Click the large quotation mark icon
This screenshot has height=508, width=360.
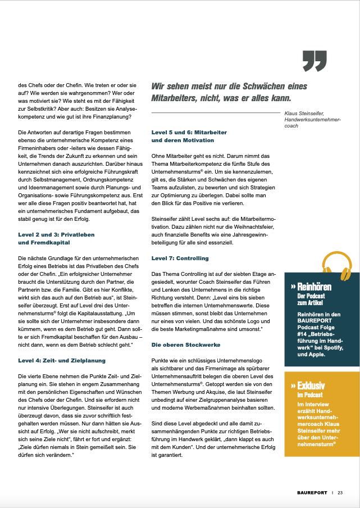click(315, 61)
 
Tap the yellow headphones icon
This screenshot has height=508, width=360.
click(337, 266)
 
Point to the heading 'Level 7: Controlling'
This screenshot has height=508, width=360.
click(180, 258)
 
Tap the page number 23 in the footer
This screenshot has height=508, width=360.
click(340, 492)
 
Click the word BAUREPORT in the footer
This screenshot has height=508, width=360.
click(313, 492)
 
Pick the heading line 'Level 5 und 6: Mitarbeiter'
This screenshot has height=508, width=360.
click(189, 132)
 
